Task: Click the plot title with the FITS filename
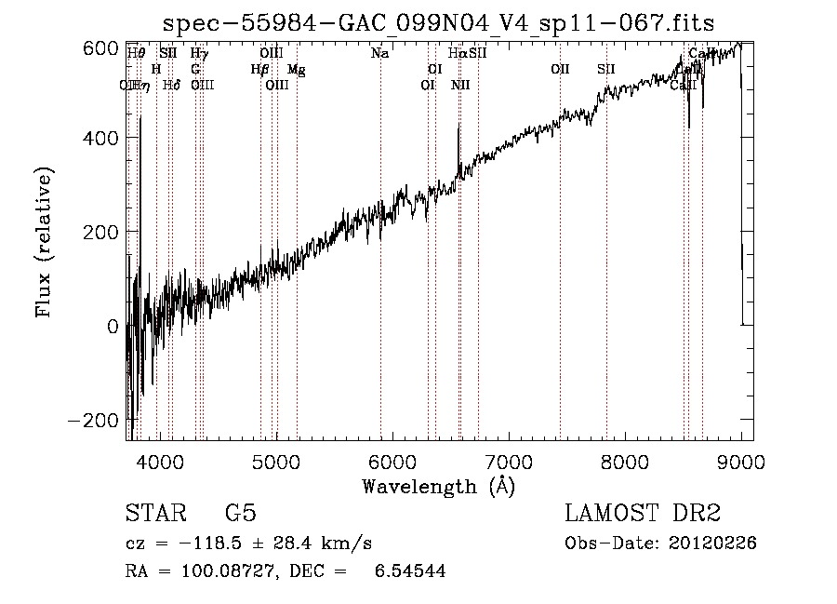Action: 438,22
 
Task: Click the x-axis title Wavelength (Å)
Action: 438,486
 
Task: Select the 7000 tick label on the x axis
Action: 509,460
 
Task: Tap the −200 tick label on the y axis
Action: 93,420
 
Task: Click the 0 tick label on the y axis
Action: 113,327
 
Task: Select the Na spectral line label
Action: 379,54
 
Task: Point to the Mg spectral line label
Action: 296,70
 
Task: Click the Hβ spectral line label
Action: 260,70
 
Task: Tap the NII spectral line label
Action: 460,86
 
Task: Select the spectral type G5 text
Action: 240,514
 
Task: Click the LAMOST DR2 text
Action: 643,514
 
